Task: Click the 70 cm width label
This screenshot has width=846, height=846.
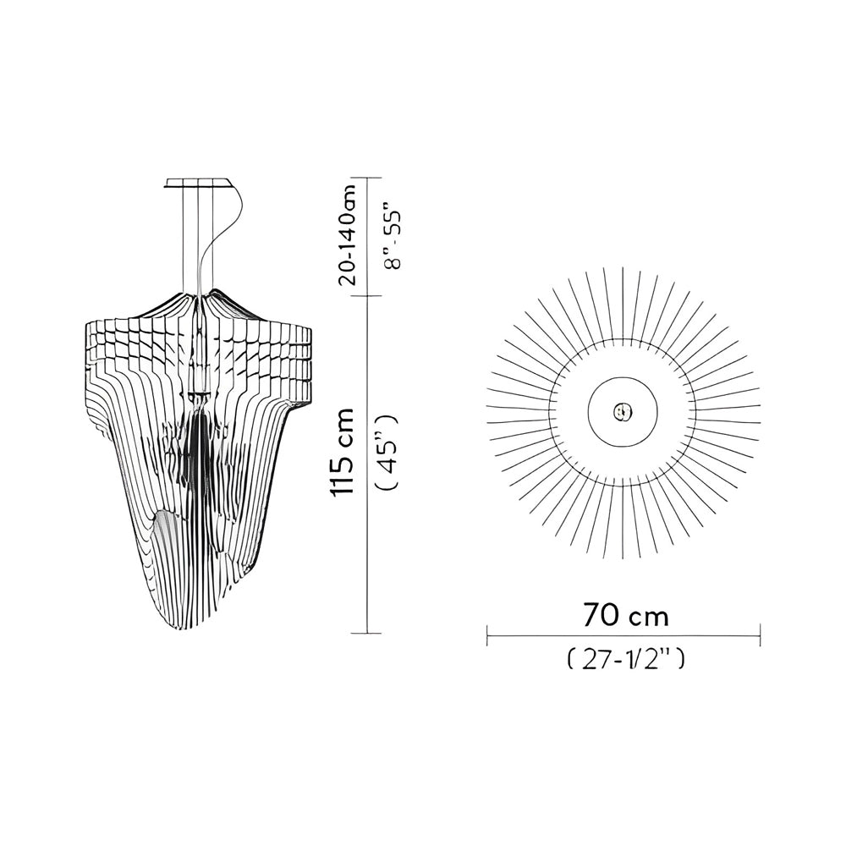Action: click(x=625, y=616)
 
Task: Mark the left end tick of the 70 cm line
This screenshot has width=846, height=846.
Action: click(x=488, y=635)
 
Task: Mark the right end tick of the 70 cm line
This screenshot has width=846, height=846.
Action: click(x=761, y=635)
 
